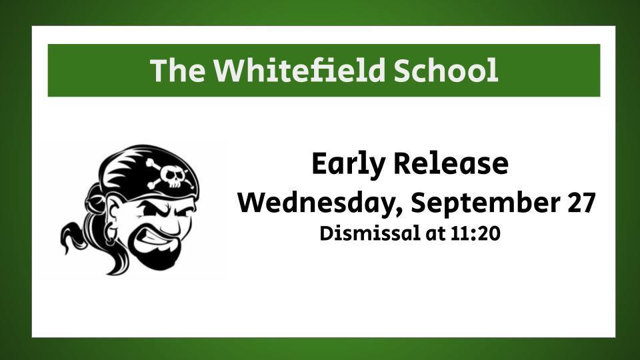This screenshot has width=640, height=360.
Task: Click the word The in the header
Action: click(x=177, y=70)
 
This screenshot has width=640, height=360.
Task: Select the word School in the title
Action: click(x=446, y=70)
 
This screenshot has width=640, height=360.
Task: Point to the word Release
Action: click(x=451, y=163)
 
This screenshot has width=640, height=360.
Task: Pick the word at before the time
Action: click(x=435, y=234)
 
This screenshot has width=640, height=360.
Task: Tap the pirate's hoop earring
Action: click(x=109, y=236)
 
